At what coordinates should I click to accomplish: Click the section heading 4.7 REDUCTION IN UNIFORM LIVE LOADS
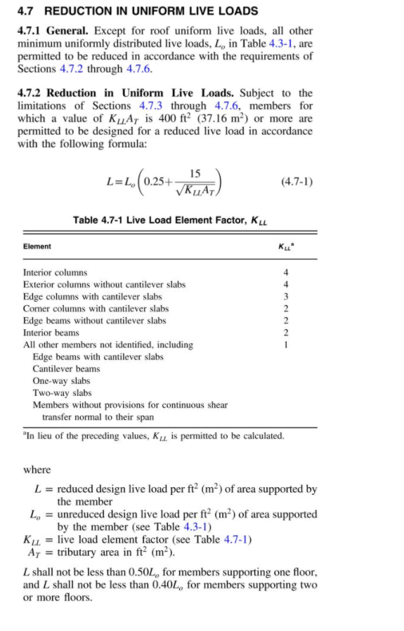tap(137, 11)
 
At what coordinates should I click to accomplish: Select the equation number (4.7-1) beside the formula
tap(296, 181)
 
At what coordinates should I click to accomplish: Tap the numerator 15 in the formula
tap(195, 173)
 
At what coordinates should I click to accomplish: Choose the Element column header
tap(37, 246)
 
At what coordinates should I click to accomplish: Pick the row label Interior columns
tap(56, 272)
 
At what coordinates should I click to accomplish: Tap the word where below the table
tap(37, 470)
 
